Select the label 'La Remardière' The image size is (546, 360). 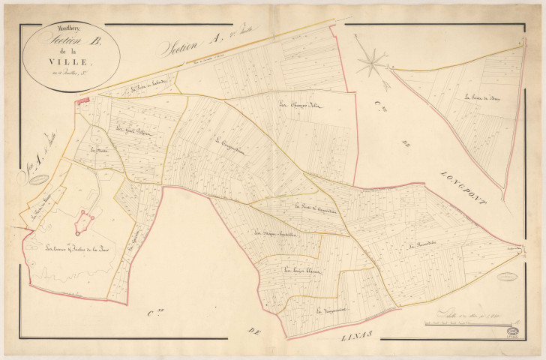tap(422, 246)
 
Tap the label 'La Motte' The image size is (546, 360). tap(98, 150)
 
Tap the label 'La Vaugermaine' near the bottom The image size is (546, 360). tap(329, 310)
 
